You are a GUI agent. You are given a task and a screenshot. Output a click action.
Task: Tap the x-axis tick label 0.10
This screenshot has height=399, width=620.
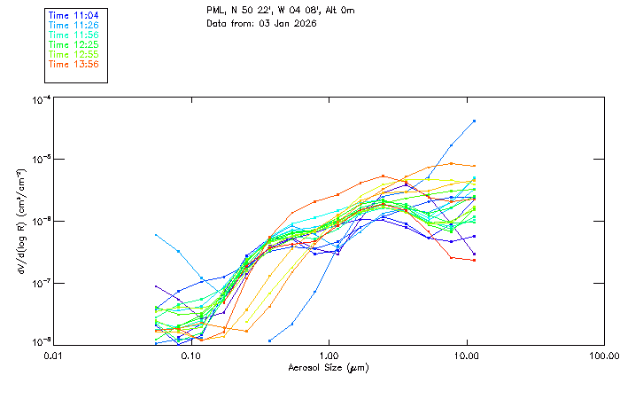pos(190,355)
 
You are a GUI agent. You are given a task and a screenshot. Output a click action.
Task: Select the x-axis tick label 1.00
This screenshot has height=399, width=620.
pos(329,355)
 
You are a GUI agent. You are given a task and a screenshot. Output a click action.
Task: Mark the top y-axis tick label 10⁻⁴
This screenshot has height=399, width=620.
pos(39,100)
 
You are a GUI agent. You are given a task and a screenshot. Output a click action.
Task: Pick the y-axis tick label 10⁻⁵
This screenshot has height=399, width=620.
pos(39,160)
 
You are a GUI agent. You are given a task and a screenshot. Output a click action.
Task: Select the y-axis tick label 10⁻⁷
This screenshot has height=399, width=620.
pos(39,284)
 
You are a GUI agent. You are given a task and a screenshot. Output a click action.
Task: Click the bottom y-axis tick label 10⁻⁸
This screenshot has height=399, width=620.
pos(39,341)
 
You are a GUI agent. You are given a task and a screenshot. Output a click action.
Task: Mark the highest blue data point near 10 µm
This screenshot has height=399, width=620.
pos(475,121)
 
